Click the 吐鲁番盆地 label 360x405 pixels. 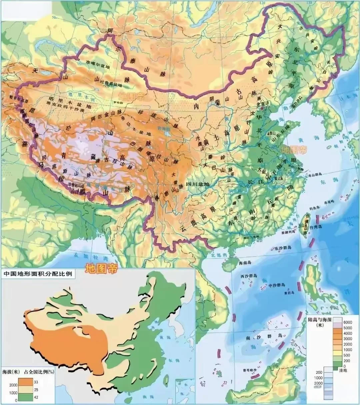point(108,84)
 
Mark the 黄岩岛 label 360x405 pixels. point(288,293)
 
